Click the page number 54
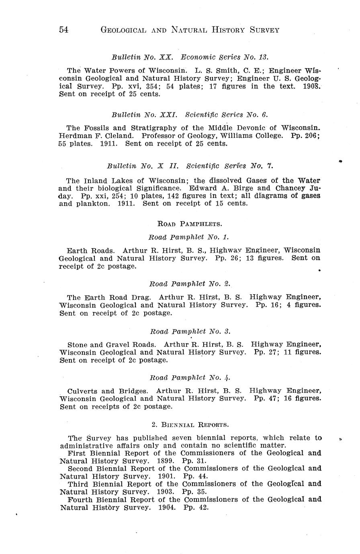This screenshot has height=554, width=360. (64, 30)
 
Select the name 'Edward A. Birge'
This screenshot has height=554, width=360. (222, 188)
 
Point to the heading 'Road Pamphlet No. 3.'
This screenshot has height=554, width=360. (190, 331)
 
